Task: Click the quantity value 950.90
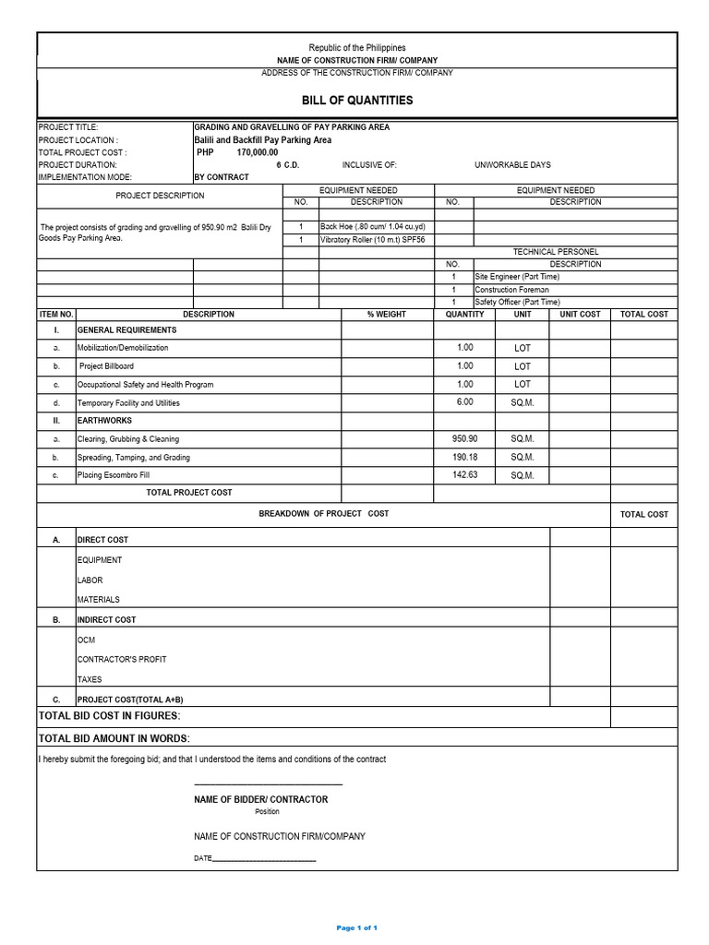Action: coord(464,438)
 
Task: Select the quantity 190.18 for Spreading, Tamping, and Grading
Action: coord(464,457)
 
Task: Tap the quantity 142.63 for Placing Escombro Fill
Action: coord(464,474)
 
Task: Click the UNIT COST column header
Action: coord(580,315)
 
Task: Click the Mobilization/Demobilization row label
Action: coord(123,348)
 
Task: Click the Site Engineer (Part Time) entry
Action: coord(517,276)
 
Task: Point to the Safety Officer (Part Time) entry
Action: coord(517,302)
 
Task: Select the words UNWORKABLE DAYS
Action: coord(512,165)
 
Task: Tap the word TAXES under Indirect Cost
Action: coord(90,679)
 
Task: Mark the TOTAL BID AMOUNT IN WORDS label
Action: coord(114,738)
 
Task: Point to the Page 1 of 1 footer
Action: coord(356,927)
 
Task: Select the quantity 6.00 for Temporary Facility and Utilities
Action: coord(464,402)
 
